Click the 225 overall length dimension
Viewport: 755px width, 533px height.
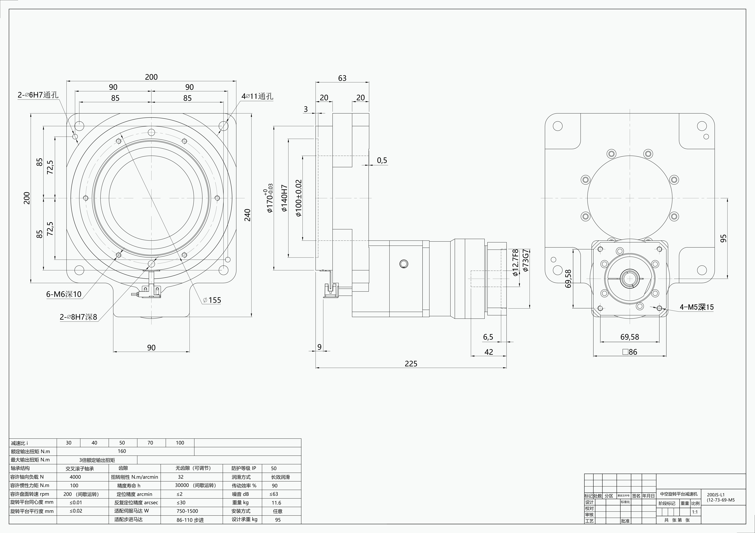pos(411,363)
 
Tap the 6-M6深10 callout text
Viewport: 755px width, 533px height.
pos(64,294)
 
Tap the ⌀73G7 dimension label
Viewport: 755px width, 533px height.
pos(525,261)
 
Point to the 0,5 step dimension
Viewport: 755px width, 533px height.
pos(382,160)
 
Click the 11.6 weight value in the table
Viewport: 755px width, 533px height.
pos(276,503)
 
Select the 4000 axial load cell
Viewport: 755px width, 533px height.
pos(75,477)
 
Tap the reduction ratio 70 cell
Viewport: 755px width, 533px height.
pos(150,443)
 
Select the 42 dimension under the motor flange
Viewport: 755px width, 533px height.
pos(489,352)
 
